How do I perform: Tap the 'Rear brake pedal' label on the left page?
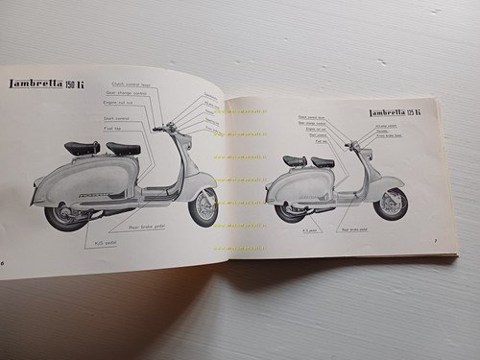click(x=139, y=230)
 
